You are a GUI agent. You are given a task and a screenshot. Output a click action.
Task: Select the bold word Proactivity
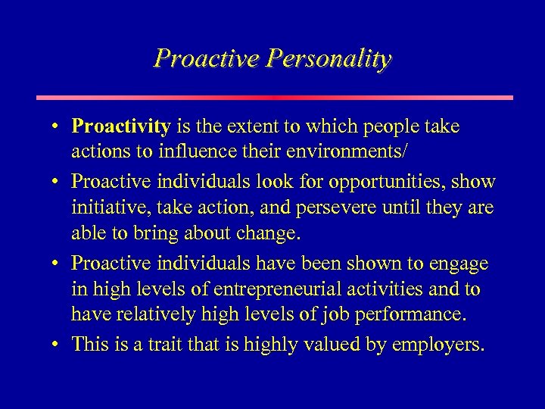pyautogui.click(x=120, y=126)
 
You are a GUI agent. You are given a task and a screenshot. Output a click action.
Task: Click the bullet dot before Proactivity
pyautogui.click(x=58, y=126)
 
